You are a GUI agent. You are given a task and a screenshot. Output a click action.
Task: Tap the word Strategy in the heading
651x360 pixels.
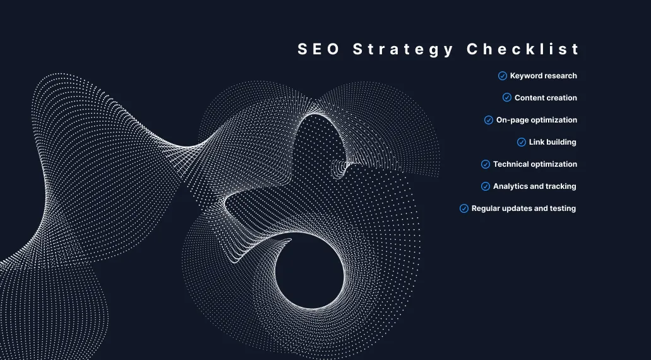pos(403,50)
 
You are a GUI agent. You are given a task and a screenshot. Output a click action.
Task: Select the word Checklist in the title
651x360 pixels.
pos(523,50)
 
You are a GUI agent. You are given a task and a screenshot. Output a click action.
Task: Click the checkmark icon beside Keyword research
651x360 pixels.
pos(503,76)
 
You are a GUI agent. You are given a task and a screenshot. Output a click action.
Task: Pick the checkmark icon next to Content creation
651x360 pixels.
pos(507,98)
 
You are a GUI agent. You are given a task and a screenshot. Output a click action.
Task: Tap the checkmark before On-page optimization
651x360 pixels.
pos(489,120)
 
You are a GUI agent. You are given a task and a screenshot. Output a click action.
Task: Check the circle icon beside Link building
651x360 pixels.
pos(522,142)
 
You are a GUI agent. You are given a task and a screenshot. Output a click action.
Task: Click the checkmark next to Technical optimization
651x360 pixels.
pos(486,164)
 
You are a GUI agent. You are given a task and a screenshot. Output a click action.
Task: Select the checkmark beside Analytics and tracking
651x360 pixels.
pos(486,186)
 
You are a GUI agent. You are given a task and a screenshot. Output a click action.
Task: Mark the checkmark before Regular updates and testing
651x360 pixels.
pos(464,208)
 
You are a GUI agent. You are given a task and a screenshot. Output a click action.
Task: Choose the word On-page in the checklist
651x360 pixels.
pos(512,120)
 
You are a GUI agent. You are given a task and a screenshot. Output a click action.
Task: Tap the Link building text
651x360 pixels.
pos(552,142)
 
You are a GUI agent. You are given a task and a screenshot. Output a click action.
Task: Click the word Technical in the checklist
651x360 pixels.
pos(511,164)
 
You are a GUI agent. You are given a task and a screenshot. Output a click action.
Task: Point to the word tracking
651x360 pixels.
pos(561,186)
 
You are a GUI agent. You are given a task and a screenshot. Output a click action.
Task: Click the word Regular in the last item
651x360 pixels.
pos(486,208)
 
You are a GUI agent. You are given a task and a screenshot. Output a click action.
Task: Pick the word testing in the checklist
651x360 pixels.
pos(563,208)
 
